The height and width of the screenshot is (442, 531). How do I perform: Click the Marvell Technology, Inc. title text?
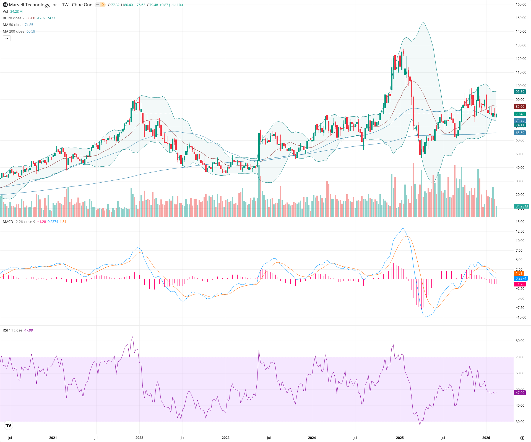point(33,5)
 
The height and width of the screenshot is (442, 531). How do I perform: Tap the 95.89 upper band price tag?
point(520,92)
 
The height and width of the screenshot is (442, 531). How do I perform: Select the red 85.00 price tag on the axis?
point(520,107)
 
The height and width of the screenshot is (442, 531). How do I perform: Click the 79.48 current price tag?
point(520,114)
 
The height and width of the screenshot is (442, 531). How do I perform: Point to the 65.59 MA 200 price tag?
point(520,133)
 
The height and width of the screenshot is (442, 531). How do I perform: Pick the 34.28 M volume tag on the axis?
point(521,206)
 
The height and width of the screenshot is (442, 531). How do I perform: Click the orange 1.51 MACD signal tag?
point(519,273)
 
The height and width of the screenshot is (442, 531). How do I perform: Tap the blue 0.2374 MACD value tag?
point(521,278)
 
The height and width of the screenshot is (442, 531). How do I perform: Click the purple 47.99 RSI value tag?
point(520,393)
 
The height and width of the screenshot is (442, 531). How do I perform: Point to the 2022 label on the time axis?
point(139,438)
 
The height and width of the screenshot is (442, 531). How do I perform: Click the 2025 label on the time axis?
point(400,438)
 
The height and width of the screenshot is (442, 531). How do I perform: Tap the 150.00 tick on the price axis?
point(521,18)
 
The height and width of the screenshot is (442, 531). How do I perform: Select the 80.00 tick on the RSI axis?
point(520,341)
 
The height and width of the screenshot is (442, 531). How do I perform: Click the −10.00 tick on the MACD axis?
point(520,317)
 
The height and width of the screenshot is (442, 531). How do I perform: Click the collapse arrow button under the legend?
point(7,38)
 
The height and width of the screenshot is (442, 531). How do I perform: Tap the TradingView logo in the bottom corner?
point(9,425)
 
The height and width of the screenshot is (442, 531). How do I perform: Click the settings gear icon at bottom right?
point(522,438)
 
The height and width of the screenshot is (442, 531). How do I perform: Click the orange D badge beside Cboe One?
point(102,5)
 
